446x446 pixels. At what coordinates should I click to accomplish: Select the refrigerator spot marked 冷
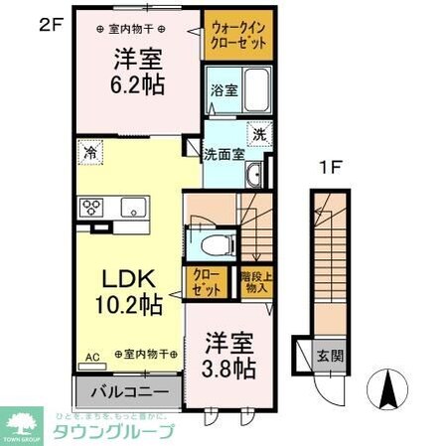click(90, 154)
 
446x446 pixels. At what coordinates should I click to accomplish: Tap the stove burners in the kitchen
click(93, 208)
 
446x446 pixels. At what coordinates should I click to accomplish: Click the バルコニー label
click(127, 390)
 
